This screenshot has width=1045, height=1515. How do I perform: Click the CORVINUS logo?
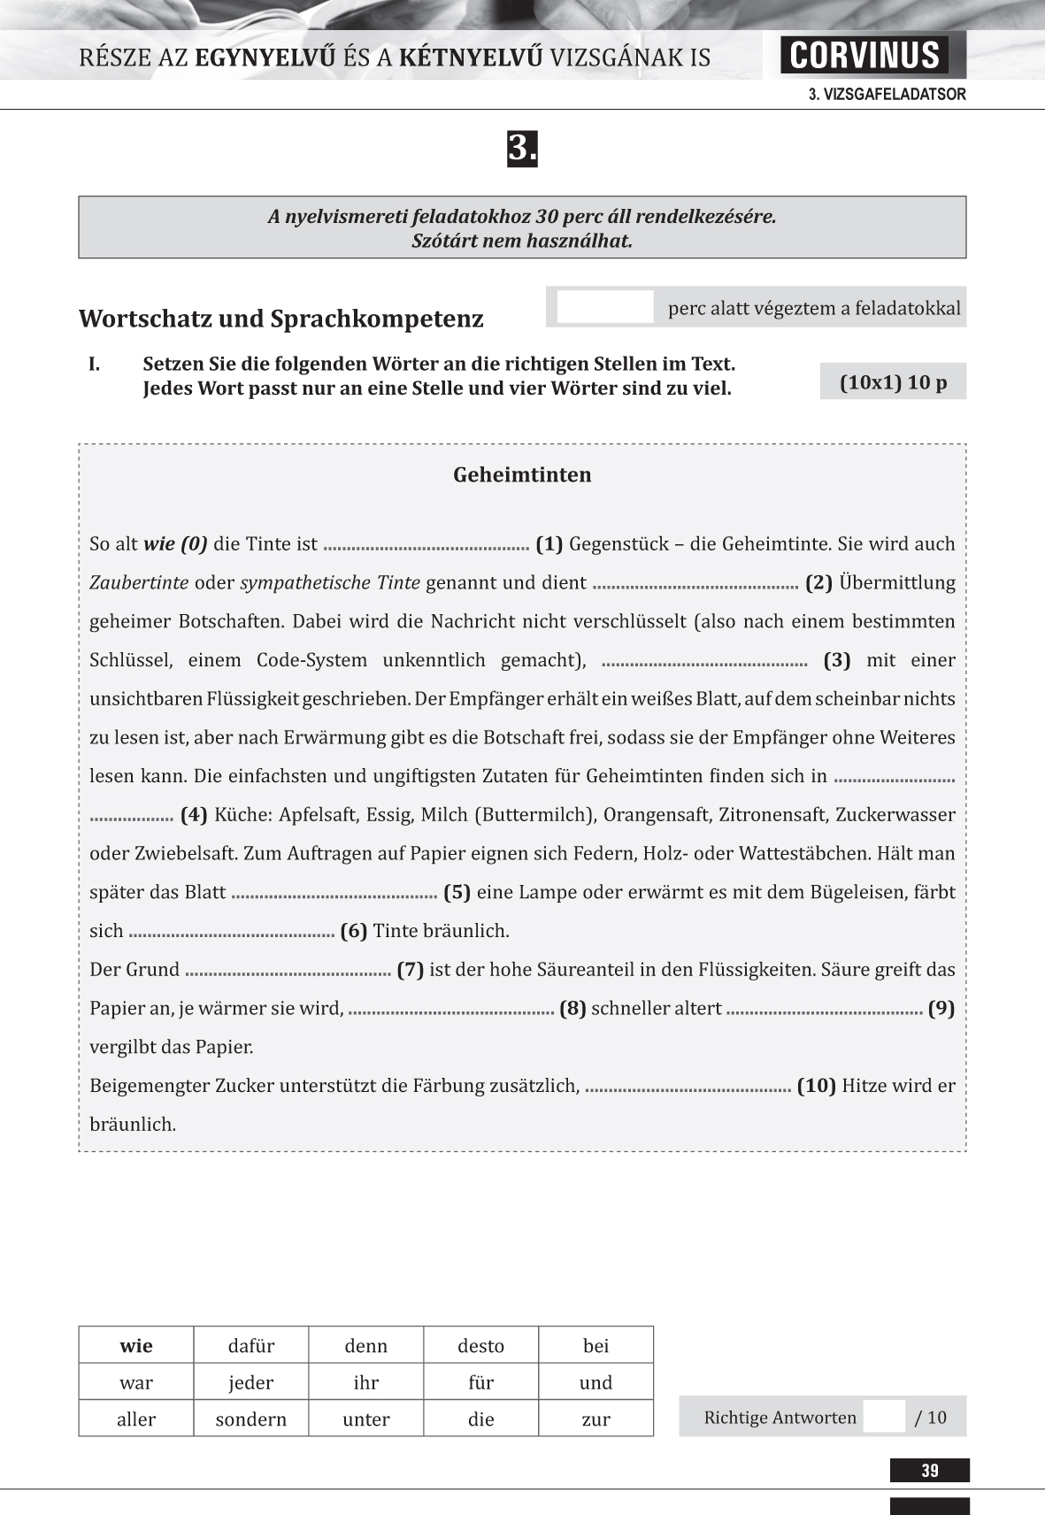tap(864, 55)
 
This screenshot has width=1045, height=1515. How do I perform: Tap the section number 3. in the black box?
tap(522, 149)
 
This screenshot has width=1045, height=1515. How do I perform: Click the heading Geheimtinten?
tap(522, 475)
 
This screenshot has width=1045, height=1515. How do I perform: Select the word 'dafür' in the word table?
tap(251, 1346)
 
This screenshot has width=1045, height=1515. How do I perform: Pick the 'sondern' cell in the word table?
tap(251, 1419)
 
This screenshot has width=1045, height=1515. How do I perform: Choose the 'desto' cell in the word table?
tap(480, 1346)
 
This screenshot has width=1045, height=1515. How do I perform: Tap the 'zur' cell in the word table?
tap(595, 1419)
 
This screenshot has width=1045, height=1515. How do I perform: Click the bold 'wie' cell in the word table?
tap(136, 1346)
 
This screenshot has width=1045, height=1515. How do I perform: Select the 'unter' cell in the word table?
tap(366, 1419)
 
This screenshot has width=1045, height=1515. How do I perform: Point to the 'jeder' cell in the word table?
tap(251, 1382)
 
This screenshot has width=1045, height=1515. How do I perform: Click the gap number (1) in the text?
tap(549, 544)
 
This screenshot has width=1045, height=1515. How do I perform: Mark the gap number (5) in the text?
tap(457, 892)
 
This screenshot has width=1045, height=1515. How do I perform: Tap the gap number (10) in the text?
tap(817, 1086)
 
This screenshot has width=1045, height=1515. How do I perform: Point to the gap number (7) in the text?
tap(411, 970)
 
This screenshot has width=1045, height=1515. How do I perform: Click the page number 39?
tap(929, 1471)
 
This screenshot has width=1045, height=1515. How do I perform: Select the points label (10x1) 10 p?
tap(893, 382)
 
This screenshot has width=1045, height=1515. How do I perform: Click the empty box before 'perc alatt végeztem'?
tap(605, 308)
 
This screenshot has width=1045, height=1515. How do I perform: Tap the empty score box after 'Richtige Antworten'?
tap(884, 1417)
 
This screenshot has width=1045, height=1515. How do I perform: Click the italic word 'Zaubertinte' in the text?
tap(139, 583)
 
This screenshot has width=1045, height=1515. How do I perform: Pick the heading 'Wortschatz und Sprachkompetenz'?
tap(281, 319)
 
